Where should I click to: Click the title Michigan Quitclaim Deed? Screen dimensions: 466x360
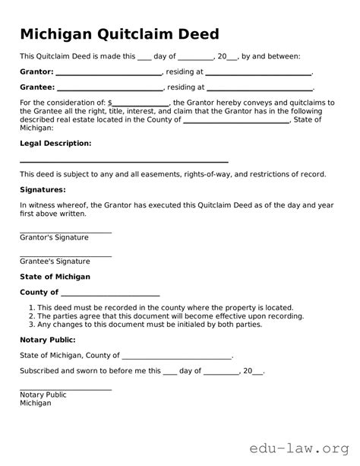point(119,34)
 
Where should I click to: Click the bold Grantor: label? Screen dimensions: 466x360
point(36,71)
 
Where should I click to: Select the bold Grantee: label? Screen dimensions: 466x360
point(36,87)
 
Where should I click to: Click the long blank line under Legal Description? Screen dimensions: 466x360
point(124,162)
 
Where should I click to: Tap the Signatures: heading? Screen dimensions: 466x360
point(43,189)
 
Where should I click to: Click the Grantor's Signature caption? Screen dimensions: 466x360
point(54,237)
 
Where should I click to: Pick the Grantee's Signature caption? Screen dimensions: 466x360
point(55,261)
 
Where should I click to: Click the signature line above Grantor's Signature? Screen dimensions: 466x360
point(65,231)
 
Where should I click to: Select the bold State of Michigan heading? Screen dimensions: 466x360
point(55,277)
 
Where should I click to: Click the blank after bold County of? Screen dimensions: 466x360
point(110,295)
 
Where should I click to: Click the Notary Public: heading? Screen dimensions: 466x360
point(47,339)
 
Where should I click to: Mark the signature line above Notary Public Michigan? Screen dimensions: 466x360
point(65,389)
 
